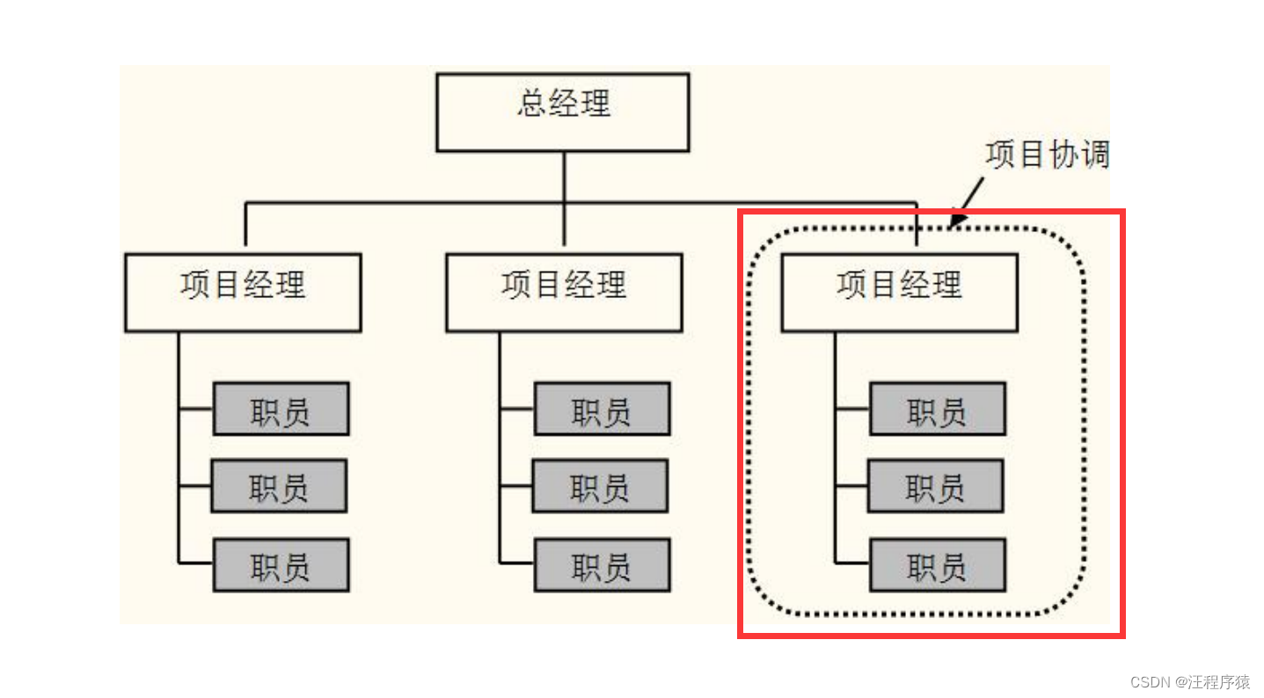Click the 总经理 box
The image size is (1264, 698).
(563, 112)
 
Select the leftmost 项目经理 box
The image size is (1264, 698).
(243, 292)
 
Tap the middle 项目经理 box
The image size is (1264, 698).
(564, 292)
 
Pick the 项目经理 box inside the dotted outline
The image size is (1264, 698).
(899, 292)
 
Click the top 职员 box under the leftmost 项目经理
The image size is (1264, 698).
(281, 409)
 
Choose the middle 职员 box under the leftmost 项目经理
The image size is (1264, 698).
(279, 485)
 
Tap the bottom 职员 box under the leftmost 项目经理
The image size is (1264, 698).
(281, 564)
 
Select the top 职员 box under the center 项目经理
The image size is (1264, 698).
(602, 409)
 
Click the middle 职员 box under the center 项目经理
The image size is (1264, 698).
(600, 485)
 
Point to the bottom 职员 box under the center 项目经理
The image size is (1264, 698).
(602, 564)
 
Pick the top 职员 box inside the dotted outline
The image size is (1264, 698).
(937, 409)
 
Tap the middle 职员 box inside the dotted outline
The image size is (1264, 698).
(935, 485)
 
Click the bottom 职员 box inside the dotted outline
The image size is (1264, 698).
(937, 564)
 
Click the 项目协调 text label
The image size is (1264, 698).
(1047, 155)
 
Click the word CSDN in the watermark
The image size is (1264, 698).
(1148, 682)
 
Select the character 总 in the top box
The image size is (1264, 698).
(530, 104)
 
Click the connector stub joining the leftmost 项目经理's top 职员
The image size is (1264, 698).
(195, 409)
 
